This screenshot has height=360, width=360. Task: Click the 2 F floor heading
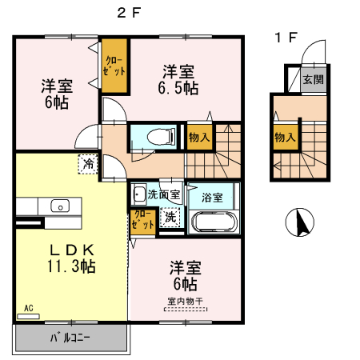[x=129, y=14]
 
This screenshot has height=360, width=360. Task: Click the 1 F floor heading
[x=286, y=37]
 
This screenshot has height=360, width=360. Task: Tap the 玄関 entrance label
[x=314, y=79]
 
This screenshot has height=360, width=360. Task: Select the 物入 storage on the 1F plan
[x=284, y=137]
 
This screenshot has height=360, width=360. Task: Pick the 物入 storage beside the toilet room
[x=199, y=137]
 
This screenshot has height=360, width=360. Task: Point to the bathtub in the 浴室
[x=212, y=220]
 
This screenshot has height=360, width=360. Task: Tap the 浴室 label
[x=212, y=195]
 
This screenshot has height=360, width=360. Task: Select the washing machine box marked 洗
[x=170, y=216]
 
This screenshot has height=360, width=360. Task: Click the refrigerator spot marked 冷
[x=86, y=165]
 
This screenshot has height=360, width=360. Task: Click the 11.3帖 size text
[x=70, y=266]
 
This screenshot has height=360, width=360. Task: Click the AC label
[x=28, y=307]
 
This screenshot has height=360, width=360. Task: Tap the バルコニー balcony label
[x=70, y=338]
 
